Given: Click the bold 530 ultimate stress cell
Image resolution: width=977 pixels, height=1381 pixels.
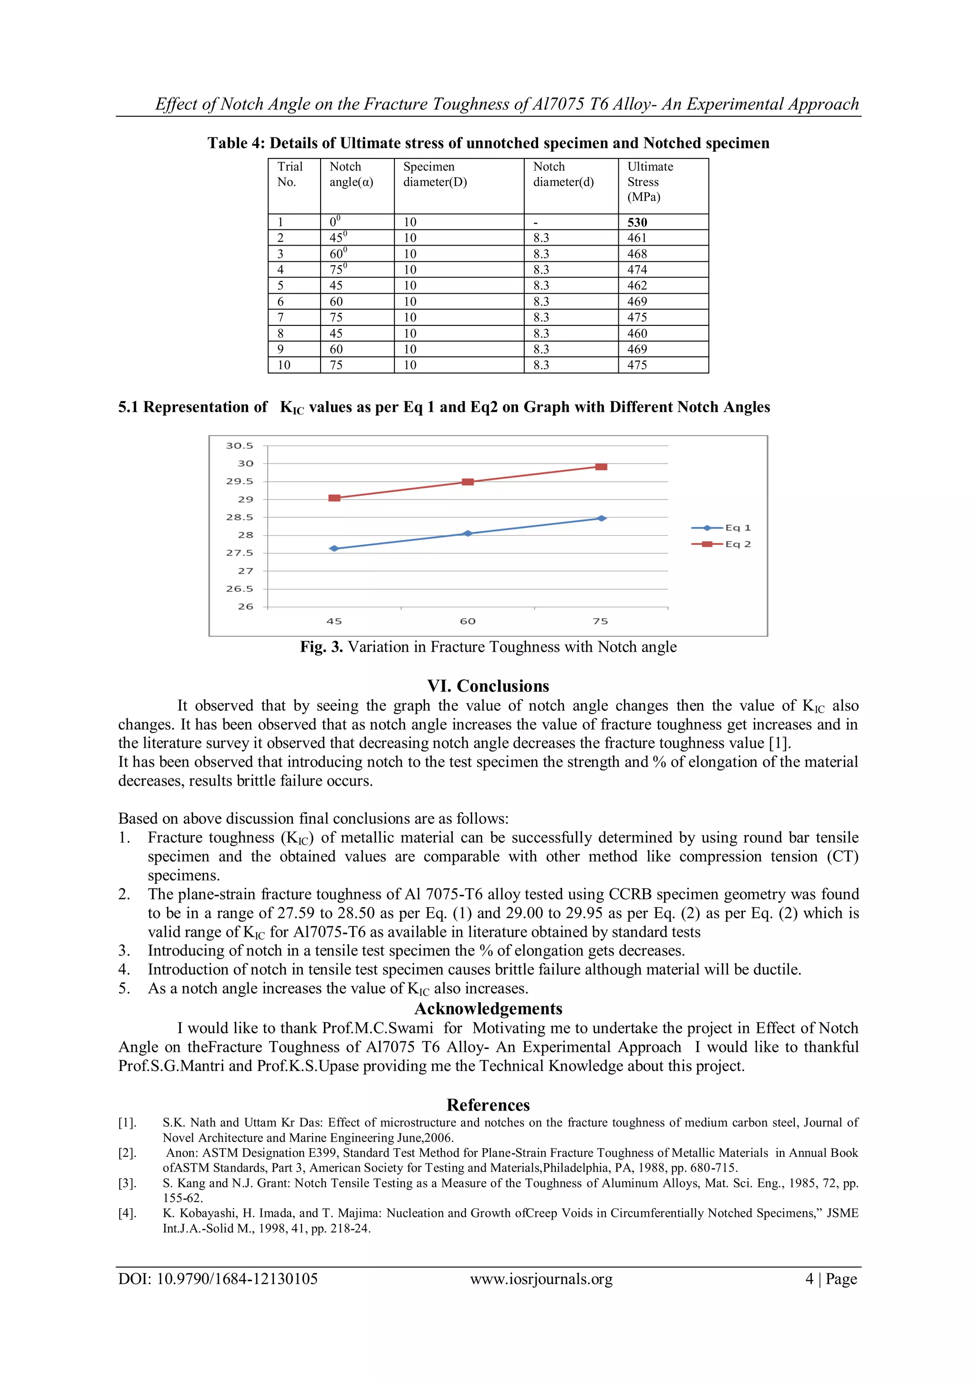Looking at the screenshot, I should (x=637, y=222).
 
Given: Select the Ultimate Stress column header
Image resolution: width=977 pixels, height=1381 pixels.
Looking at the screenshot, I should (x=650, y=182).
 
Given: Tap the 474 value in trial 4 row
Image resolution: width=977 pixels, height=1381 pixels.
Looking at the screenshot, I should (x=637, y=270).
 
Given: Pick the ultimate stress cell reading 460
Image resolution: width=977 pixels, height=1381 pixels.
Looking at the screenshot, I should (x=637, y=333).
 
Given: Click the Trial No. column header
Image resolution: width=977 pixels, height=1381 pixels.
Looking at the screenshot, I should (x=290, y=175).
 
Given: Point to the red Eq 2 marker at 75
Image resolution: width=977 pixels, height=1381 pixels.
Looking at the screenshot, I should (x=601, y=467).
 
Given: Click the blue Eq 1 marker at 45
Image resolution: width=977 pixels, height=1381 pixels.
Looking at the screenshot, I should (x=334, y=549).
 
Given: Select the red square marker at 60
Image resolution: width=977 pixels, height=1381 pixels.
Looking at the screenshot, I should (x=468, y=482).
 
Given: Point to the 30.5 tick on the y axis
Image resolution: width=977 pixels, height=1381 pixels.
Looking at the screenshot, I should (x=239, y=446).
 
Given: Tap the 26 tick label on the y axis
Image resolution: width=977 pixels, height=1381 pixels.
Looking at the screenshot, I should (x=246, y=606).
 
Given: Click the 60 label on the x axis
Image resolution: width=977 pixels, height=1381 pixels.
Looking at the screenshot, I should (x=468, y=621).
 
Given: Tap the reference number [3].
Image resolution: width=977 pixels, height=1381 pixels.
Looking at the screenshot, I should (x=127, y=1183).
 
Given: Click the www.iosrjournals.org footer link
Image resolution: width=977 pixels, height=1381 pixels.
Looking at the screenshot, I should (x=541, y=1279).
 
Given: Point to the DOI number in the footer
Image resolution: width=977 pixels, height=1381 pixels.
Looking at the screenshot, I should (x=218, y=1279).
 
